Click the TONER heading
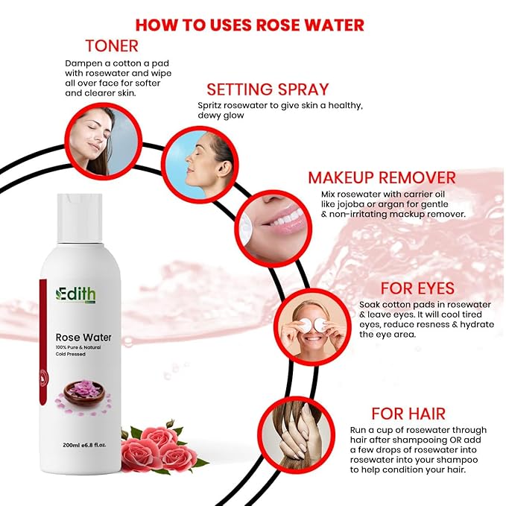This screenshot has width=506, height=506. [112, 45]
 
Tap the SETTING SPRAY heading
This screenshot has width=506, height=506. [268, 89]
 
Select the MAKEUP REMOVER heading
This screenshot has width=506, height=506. [382, 177]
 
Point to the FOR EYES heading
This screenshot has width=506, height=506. [417, 288]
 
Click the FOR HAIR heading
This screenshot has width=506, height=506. [408, 414]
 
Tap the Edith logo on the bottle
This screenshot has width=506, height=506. [75, 294]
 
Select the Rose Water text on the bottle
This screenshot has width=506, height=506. [83, 338]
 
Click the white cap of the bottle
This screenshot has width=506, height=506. [80, 218]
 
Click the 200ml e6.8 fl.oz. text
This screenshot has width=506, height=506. [84, 445]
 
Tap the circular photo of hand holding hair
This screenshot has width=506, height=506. [296, 434]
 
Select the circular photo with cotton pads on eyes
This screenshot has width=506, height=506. [312, 326]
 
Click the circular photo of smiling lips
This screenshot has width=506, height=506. [273, 229]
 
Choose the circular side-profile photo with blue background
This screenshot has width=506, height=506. [200, 165]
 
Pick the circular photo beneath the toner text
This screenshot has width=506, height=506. [104, 142]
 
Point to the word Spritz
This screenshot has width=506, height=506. [209, 106]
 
